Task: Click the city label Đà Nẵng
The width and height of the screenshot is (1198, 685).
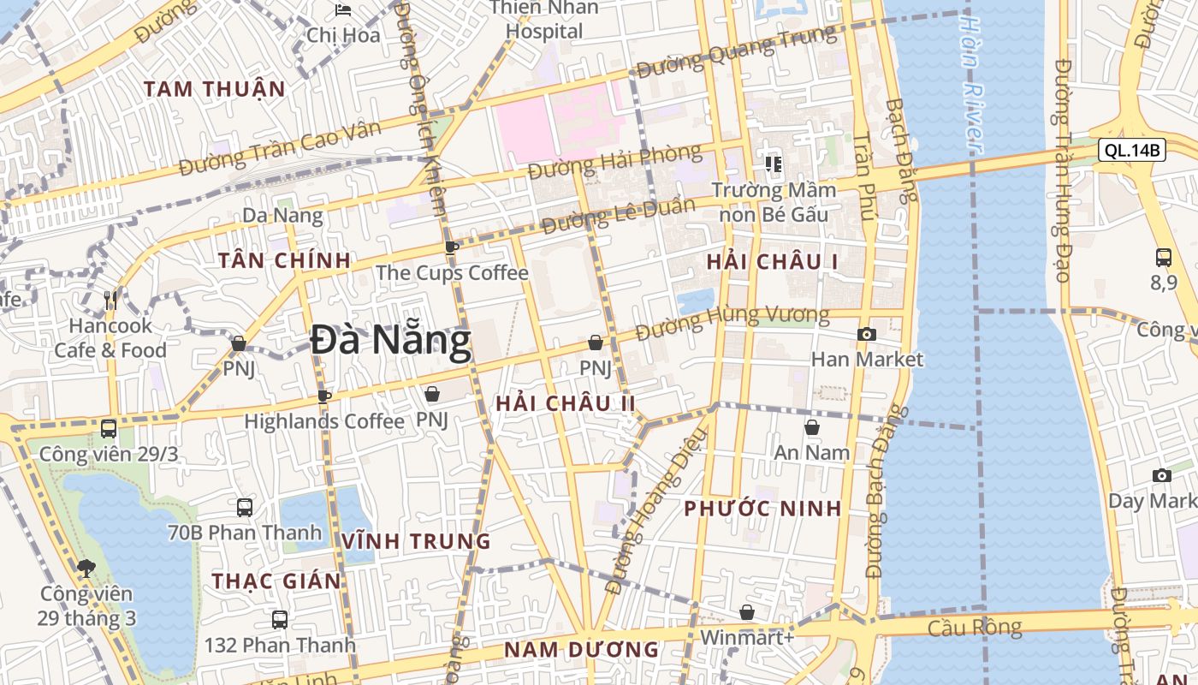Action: pyautogui.click(x=390, y=342)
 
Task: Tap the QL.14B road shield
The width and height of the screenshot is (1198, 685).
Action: pyautogui.click(x=1132, y=151)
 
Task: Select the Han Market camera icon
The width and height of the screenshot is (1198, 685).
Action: pyautogui.click(x=867, y=335)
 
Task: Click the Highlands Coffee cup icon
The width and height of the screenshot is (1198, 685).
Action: pyautogui.click(x=323, y=396)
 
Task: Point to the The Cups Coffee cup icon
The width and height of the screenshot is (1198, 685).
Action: pyautogui.click(x=452, y=248)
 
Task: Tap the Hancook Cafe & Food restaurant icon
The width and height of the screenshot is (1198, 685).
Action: pyautogui.click(x=110, y=300)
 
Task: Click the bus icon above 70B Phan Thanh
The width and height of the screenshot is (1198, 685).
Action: pyautogui.click(x=245, y=507)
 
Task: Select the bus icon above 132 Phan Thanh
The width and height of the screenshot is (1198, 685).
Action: pyautogui.click(x=279, y=619)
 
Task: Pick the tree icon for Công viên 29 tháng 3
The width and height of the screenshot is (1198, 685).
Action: pyautogui.click(x=86, y=568)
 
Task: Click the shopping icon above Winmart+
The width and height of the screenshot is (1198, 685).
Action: pyautogui.click(x=747, y=612)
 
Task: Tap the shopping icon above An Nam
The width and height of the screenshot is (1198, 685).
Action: pyautogui.click(x=812, y=426)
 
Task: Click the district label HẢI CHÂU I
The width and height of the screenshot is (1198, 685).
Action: pyautogui.click(x=773, y=263)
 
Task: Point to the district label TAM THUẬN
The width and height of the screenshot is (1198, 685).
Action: pyautogui.click(x=214, y=89)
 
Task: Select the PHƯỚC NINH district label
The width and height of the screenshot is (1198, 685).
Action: pyautogui.click(x=762, y=509)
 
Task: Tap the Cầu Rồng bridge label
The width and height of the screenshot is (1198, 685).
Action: pyautogui.click(x=975, y=628)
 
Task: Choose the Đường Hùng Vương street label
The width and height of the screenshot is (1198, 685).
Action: pyautogui.click(x=732, y=320)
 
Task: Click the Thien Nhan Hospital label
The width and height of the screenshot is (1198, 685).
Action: pyautogui.click(x=544, y=20)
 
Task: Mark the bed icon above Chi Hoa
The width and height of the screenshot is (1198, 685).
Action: pyautogui.click(x=343, y=10)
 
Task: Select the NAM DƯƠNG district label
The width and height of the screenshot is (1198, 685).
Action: pyautogui.click(x=581, y=649)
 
